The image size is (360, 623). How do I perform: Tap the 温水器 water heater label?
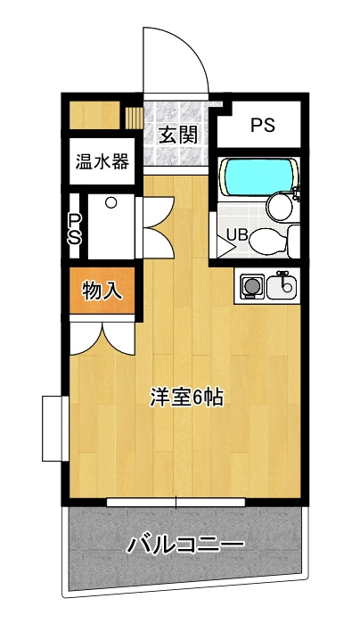tap(102, 161)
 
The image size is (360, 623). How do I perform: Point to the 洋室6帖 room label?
tap(187, 397)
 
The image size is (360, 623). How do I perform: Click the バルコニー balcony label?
tap(185, 545)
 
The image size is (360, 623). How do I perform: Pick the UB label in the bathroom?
tap(237, 235)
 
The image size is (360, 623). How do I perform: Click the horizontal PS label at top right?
tap(263, 125)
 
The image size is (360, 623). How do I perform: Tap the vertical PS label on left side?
tap(74, 230)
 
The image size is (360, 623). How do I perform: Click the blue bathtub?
tap(259, 177)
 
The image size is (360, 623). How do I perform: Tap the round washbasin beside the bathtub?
tap(280, 207)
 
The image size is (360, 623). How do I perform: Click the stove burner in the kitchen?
tap(250, 286)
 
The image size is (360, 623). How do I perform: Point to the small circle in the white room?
tap(110, 203)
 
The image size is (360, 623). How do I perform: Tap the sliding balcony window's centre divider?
tap(176, 502)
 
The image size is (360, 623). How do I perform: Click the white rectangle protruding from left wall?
tap(52, 429)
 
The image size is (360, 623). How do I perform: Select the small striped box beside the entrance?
tap(134, 117)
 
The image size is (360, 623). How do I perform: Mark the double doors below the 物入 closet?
tap(102, 338)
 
